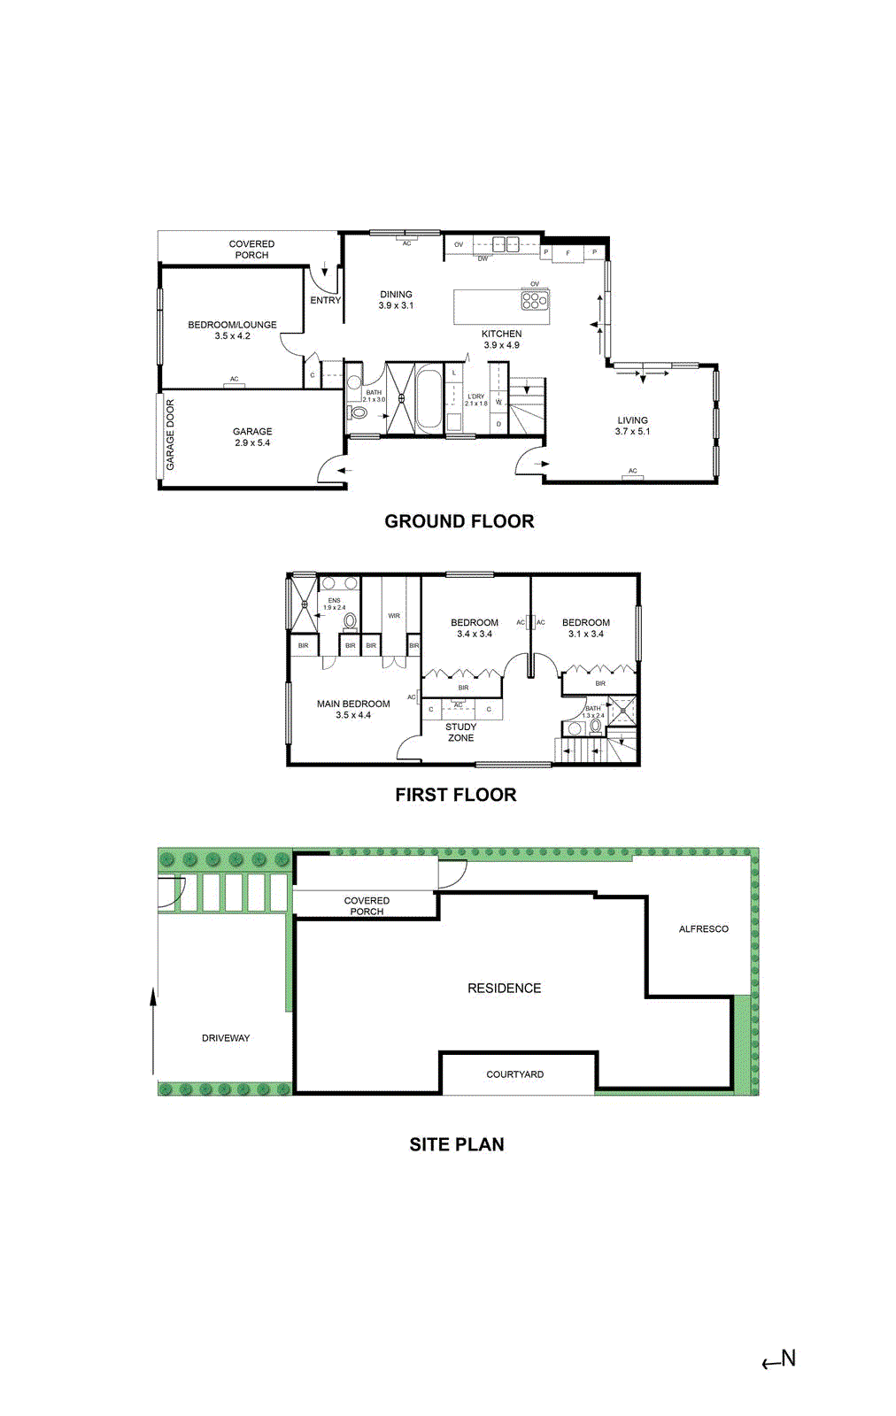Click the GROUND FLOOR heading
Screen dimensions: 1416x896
459,521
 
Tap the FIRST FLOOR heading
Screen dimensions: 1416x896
455,795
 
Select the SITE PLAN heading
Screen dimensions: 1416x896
456,1144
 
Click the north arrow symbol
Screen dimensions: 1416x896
779,1360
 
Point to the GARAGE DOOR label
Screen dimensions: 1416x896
170,435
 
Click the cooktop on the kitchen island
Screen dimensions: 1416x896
535,300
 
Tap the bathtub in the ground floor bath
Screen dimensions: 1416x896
429,400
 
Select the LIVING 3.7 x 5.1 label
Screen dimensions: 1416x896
632,426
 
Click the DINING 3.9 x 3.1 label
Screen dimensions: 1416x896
396,299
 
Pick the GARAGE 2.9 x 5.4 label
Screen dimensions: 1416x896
252,437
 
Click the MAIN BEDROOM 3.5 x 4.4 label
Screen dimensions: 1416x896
353,709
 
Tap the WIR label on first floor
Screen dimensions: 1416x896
394,616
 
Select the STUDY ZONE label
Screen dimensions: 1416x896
460,732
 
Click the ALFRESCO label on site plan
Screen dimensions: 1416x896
703,928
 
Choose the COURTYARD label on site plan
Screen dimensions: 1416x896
514,1074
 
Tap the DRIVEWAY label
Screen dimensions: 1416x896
226,1038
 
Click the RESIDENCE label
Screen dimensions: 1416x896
504,988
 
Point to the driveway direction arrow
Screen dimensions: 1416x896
153,1031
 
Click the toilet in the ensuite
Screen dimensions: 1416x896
350,621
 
